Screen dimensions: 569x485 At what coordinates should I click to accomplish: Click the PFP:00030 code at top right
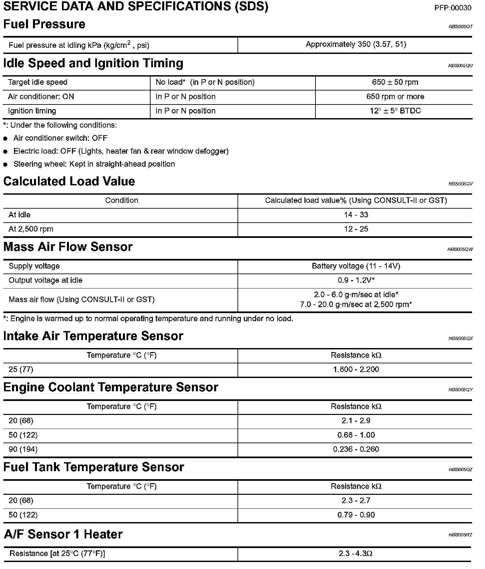pos(453,8)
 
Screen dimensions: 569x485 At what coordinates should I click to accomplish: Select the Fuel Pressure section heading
pos(44,24)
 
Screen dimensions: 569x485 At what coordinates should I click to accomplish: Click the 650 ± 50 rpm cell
pos(395,82)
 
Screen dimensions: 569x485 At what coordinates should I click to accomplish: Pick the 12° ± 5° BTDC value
pos(395,111)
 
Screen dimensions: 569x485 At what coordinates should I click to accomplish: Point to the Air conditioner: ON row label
pos(41,96)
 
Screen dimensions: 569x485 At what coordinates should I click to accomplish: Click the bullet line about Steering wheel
pos(94,164)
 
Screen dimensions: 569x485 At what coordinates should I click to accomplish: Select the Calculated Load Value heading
pos(69,181)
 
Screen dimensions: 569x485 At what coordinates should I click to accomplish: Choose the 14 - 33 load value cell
pos(356,215)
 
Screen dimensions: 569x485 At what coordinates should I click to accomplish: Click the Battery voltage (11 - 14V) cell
pos(356,266)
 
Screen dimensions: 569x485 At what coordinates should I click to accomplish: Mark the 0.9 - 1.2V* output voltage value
pos(356,280)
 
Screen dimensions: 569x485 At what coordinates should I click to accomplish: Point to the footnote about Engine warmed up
pos(148,318)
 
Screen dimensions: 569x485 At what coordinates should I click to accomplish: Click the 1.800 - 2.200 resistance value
pos(356,369)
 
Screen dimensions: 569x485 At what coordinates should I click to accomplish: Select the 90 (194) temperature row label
pos(23,449)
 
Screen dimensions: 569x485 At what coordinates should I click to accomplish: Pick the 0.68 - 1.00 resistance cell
pos(356,435)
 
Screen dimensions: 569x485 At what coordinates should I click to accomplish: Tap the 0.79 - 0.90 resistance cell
pos(356,515)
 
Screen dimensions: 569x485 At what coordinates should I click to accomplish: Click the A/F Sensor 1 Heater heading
pos(63,534)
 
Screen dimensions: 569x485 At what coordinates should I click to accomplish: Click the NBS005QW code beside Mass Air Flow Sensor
pos(460,249)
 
